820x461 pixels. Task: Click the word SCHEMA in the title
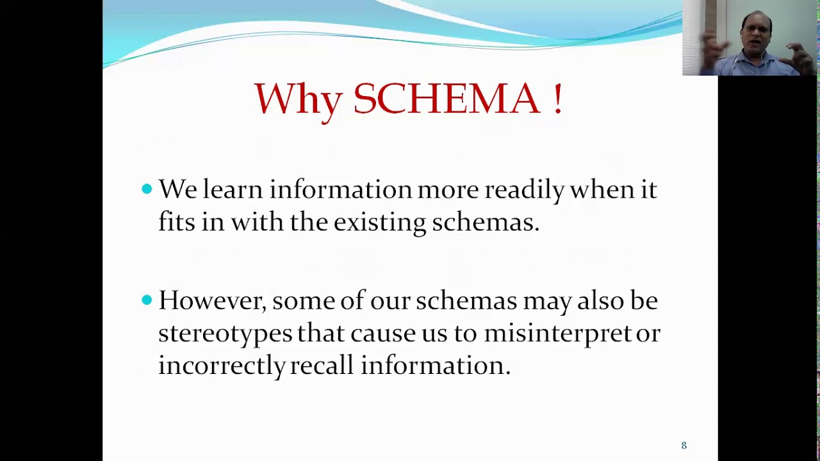pos(447,99)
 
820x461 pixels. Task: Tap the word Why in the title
pos(297,100)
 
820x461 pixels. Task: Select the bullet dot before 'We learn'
pos(147,188)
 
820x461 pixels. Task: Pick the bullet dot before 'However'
pos(147,300)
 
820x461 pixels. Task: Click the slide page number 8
pos(684,445)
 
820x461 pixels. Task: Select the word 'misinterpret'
pos(557,334)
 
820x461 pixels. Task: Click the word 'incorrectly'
pos(221,366)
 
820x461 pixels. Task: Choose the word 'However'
pos(212,301)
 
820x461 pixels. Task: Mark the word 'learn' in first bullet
pos(233,190)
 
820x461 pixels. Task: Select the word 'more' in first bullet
pos(448,190)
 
